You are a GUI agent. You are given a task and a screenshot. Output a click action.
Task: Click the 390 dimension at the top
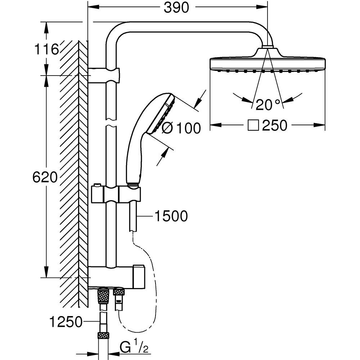pos(176,8)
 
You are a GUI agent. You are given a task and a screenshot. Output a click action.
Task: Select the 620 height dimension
pos(45,177)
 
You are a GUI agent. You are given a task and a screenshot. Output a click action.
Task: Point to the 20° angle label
pos(267,105)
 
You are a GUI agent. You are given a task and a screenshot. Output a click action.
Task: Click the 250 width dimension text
pos(275,126)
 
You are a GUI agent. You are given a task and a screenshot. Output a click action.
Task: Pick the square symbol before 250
pos(254,126)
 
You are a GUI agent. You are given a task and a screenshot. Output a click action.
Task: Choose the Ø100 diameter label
pos(181,128)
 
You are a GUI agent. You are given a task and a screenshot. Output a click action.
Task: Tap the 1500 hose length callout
pos(171,216)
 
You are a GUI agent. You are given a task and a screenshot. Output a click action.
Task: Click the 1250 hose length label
pos(66,322)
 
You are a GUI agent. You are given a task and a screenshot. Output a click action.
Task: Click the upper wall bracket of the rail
pos(104,75)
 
